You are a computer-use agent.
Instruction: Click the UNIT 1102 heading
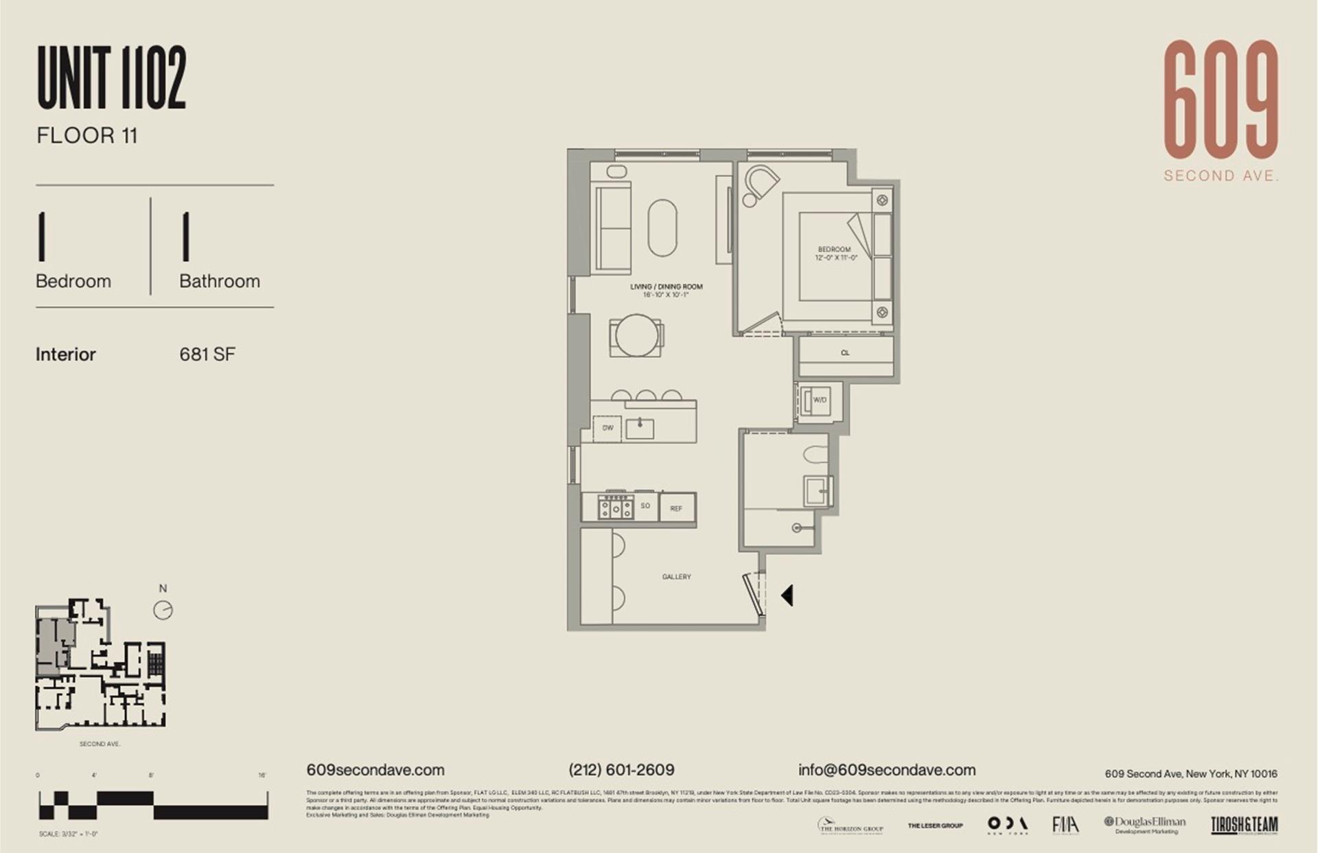pos(112,78)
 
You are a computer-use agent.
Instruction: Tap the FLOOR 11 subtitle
pos(87,136)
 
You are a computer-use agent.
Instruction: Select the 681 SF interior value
pos(207,354)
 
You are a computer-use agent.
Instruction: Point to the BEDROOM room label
pos(835,250)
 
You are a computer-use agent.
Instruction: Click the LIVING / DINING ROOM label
pos(666,287)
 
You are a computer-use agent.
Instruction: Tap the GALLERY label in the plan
pos(676,577)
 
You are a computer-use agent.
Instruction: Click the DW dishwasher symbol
pos(608,428)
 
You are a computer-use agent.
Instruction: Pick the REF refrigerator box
pos(676,509)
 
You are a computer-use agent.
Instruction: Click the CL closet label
pos(845,353)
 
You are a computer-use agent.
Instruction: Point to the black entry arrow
pos(787,595)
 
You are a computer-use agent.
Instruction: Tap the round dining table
pos(637,336)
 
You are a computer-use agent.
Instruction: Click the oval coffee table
pos(662,228)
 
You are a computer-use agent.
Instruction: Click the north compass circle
pos(163,610)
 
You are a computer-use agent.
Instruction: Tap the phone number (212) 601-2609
pos(621,770)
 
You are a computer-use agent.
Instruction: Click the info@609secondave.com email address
pos(886,770)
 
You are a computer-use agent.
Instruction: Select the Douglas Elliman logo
pos(1144,824)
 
